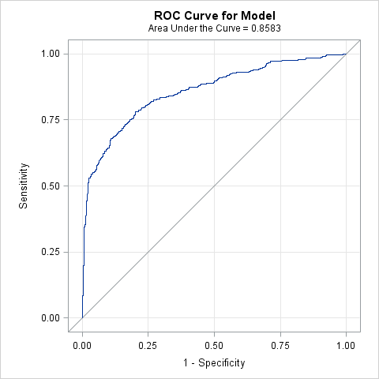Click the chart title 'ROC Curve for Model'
coord(215,15)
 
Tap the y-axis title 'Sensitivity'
coord(24,186)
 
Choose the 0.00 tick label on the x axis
coord(82,345)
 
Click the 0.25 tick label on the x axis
coord(148,345)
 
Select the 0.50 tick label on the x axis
coord(214,345)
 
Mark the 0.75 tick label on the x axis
coord(280,345)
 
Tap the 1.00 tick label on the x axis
coord(346,345)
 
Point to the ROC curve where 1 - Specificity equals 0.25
coord(148,103)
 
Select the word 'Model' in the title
coord(257,15)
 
